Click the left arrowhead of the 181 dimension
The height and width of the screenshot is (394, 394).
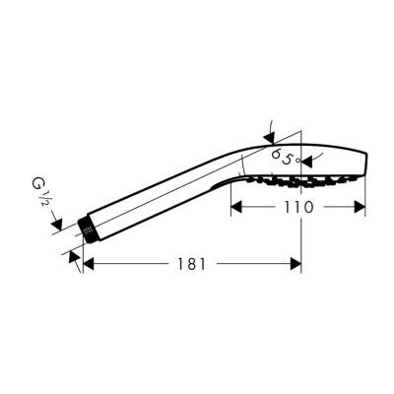click(88, 264)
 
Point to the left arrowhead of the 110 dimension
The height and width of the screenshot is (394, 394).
click(236, 208)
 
